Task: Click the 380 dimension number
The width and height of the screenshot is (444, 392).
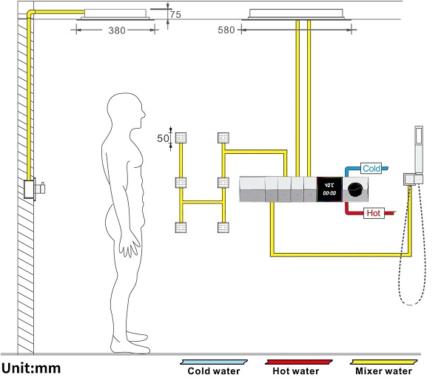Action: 117,30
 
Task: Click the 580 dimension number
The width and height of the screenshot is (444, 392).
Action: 226,30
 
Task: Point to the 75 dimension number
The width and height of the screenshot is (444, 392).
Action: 175,15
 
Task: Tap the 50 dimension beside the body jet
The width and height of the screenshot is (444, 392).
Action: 163,138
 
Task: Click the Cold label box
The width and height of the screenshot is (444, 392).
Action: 371,169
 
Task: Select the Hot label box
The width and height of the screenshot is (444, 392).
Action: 374,213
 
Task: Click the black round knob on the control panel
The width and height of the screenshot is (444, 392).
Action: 354,189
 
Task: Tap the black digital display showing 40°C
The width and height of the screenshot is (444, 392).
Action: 329,189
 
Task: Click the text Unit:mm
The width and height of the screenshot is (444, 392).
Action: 31,368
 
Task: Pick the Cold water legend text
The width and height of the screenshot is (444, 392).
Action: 214,371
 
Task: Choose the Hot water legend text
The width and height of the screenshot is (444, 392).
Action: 295,371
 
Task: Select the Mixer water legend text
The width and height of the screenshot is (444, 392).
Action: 383,371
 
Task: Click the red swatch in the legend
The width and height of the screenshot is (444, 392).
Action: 299,362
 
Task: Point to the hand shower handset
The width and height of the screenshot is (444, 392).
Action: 419,149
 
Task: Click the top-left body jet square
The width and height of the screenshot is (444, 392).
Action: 181,138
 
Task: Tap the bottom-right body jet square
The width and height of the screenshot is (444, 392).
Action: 223,227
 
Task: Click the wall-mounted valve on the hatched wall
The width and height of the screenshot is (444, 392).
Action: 34,189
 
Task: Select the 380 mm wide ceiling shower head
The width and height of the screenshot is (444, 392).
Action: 115,15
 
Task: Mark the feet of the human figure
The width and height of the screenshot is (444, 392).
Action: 130,342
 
